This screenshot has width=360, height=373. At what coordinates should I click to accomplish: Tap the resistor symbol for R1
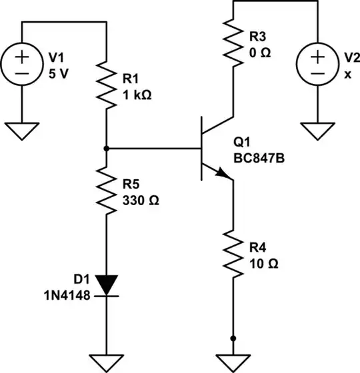pos(107,85)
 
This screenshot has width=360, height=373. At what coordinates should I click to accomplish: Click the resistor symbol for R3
pos(233,42)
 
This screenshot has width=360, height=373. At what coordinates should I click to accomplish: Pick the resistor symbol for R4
pos(233,254)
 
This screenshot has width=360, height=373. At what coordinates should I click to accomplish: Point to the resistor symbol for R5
pos(107,191)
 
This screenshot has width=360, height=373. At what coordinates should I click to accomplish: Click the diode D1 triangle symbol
pos(107,285)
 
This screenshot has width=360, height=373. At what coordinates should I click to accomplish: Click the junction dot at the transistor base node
pos(107,149)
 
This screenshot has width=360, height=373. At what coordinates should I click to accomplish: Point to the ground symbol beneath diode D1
pos(107,364)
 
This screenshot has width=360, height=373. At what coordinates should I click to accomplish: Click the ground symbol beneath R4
pos(233,364)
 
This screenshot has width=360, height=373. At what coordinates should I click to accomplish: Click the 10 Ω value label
pos(263,263)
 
